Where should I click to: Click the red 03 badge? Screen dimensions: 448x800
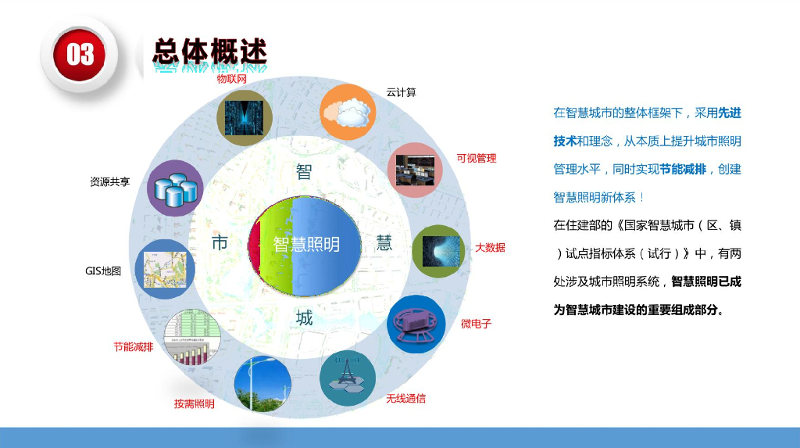coord(80,54)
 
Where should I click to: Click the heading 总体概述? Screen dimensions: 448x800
coord(209,52)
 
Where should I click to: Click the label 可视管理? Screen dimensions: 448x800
coord(477,159)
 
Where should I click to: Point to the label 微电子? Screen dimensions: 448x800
coord(476,324)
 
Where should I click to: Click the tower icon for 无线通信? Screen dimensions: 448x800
coord(348,376)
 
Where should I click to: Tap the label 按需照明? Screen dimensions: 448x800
coord(194,404)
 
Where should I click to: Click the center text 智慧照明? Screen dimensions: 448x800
coord(306,245)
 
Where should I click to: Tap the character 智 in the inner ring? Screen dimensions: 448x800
coord(304,172)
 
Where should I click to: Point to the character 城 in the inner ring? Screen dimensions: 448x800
coord(304,318)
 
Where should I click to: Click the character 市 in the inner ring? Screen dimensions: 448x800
coord(220,244)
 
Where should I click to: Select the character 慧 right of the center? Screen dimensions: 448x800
coord(384,243)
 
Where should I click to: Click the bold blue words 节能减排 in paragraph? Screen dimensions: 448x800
coord(684,169)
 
